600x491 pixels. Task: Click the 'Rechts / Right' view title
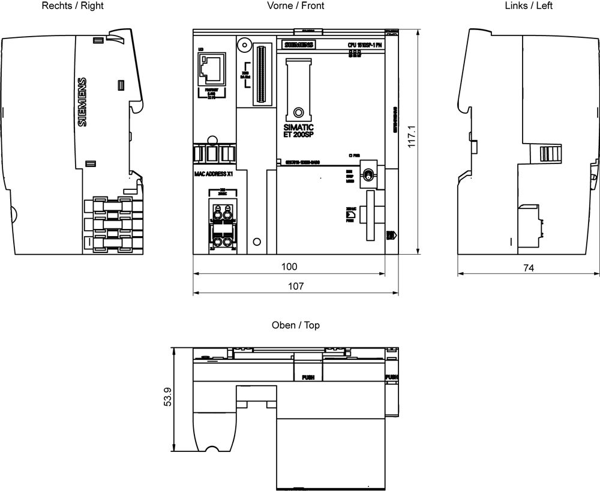tap(72, 6)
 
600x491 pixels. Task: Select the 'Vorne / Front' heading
tap(296, 6)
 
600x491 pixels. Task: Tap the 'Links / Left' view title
tap(529, 6)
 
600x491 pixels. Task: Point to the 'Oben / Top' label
tap(296, 325)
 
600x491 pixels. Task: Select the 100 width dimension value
tap(289, 266)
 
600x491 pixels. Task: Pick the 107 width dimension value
tap(296, 287)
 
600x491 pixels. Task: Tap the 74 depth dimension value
tap(528, 268)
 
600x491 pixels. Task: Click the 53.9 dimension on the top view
tap(168, 397)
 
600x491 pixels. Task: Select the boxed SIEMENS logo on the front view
tap(298, 46)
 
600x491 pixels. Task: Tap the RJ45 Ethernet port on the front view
tap(211, 69)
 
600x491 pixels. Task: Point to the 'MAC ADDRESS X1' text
tap(214, 174)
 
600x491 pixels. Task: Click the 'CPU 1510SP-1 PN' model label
tap(364, 46)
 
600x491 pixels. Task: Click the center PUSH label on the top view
tap(308, 377)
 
